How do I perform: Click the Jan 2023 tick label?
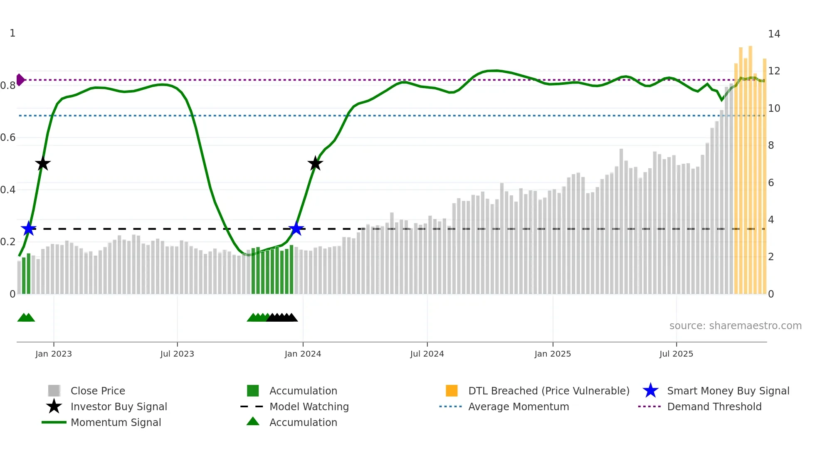pyautogui.click(x=54, y=354)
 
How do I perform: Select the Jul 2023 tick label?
pyautogui.click(x=177, y=354)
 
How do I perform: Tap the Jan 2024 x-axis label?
pyautogui.click(x=303, y=354)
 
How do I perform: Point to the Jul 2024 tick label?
pyautogui.click(x=427, y=354)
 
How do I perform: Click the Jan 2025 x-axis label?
pyautogui.click(x=553, y=354)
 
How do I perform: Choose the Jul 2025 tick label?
pyautogui.click(x=676, y=354)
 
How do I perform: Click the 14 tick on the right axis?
pyautogui.click(x=774, y=34)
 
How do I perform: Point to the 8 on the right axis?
pyautogui.click(x=771, y=145)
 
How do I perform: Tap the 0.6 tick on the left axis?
pyautogui.click(x=8, y=138)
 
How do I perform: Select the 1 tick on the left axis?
pyautogui.click(x=12, y=33)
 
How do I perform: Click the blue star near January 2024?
pyautogui.click(x=296, y=229)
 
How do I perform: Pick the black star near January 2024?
pyautogui.click(x=315, y=163)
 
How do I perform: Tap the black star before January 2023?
pyautogui.click(x=42, y=163)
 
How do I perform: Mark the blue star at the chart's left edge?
pyautogui.click(x=29, y=229)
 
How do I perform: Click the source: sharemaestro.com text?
pyautogui.click(x=735, y=326)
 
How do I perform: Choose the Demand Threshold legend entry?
pyautogui.click(x=714, y=407)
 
